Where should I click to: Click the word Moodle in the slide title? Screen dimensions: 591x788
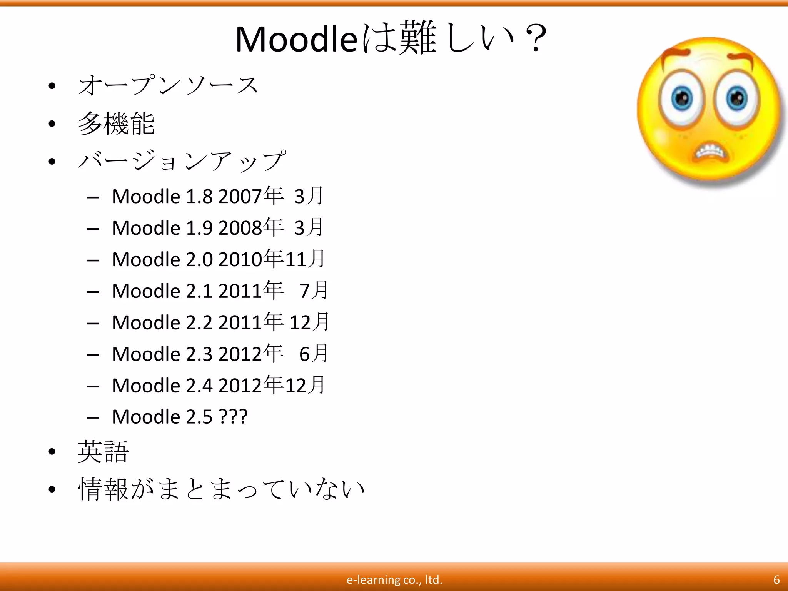click(x=296, y=39)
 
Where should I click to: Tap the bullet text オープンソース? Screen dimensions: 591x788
click(x=168, y=85)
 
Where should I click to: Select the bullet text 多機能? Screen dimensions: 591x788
click(x=116, y=124)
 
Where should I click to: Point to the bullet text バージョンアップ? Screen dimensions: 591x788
click(x=182, y=161)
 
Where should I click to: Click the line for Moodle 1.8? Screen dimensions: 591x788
click(x=217, y=196)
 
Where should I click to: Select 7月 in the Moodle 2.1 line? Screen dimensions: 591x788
click(x=314, y=290)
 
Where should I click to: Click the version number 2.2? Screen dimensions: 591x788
click(x=199, y=322)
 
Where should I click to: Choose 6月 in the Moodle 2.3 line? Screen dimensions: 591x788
click(x=314, y=354)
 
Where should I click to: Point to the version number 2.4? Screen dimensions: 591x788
click(x=199, y=386)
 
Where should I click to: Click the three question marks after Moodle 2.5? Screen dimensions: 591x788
click(x=233, y=417)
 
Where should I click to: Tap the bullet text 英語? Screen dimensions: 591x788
click(x=103, y=452)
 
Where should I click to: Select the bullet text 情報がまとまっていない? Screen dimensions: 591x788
click(x=221, y=489)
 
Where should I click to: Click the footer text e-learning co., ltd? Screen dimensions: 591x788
click(x=394, y=579)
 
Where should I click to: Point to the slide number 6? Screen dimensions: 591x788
click(x=776, y=579)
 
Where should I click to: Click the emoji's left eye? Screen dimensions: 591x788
click(x=682, y=98)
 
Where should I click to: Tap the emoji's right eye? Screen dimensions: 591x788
click(x=736, y=98)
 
